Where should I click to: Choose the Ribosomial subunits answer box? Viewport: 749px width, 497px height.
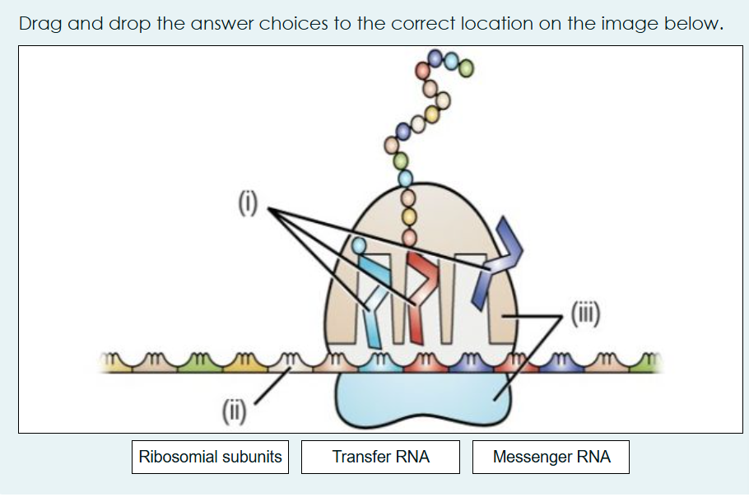[x=210, y=457]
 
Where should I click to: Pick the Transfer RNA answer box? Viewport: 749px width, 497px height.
[x=380, y=457]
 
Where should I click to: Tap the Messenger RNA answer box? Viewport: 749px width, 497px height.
[x=551, y=457]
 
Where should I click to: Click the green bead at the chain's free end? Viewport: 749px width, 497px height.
[x=467, y=68]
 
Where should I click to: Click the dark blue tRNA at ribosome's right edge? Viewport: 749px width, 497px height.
[x=499, y=247]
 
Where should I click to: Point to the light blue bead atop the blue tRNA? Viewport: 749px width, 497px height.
[x=358, y=244]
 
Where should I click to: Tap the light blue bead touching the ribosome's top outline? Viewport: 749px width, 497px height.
[x=405, y=177]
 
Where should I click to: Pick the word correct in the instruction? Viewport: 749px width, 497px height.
[x=420, y=23]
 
